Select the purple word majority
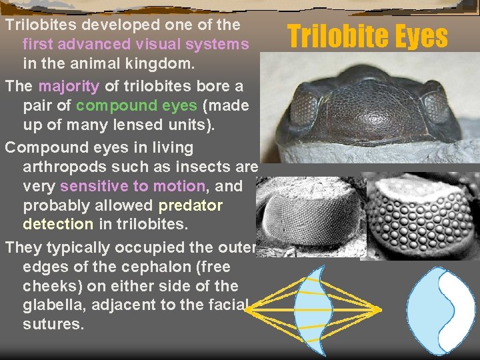[x=69, y=87]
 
